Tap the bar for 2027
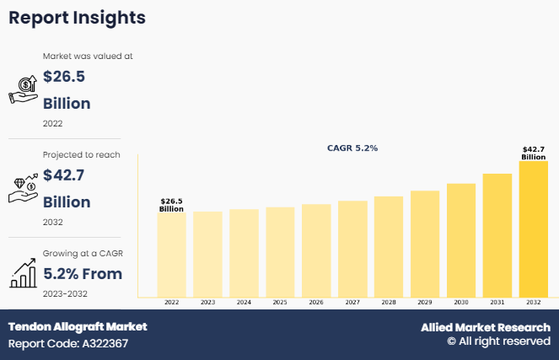[352, 249]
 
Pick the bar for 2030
[461, 240]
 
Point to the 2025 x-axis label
[280, 302]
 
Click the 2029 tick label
[425, 302]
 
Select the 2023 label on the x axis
[207, 302]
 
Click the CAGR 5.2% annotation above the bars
[352, 148]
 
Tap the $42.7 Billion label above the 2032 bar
[533, 153]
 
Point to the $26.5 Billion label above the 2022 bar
[171, 205]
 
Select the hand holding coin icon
[23, 89]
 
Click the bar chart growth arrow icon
[23, 272]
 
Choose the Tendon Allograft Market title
[78, 326]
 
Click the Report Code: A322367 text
[68, 344]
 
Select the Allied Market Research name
[486, 327]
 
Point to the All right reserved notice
[498, 342]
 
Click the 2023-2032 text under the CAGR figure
[65, 293]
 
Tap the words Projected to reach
[82, 154]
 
